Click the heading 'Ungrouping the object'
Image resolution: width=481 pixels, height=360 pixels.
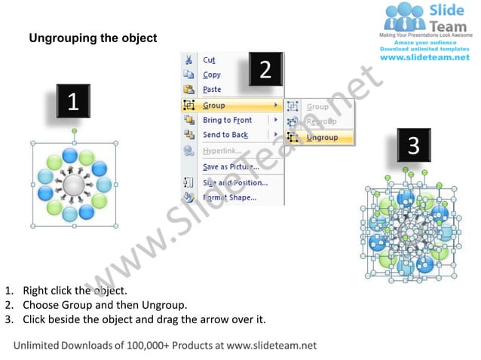click(x=93, y=38)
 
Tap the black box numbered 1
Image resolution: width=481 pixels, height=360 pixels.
click(x=73, y=102)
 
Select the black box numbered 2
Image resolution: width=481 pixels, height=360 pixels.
click(x=265, y=70)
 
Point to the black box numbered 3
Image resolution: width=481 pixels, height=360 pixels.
click(x=413, y=145)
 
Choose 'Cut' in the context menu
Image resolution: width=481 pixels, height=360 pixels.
click(x=209, y=60)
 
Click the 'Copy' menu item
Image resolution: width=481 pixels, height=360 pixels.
click(x=212, y=75)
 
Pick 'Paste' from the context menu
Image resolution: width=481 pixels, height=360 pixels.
click(x=212, y=90)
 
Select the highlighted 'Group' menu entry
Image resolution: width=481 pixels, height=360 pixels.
click(x=214, y=105)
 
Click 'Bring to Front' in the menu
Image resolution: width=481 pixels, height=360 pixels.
click(x=227, y=121)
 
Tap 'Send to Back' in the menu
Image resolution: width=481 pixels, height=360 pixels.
click(x=225, y=135)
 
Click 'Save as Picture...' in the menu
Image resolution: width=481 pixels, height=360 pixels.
click(x=230, y=166)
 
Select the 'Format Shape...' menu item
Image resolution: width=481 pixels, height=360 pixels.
click(x=229, y=198)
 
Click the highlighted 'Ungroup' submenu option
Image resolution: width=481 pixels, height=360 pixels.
click(x=322, y=138)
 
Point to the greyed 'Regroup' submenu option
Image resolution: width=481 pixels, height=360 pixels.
click(x=320, y=121)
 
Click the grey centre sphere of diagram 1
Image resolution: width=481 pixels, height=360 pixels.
click(x=74, y=185)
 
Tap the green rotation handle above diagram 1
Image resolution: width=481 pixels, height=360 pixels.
click(x=74, y=132)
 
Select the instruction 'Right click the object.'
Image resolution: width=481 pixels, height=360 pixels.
click(x=75, y=290)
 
